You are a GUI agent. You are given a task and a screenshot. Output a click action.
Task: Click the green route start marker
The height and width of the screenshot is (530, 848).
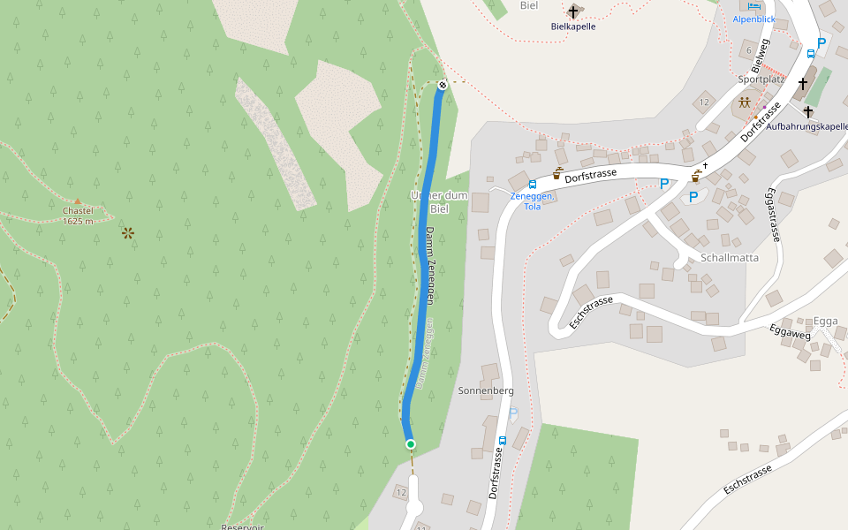coord(410,443)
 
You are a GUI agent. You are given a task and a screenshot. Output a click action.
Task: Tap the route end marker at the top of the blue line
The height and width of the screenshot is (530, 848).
coord(442,85)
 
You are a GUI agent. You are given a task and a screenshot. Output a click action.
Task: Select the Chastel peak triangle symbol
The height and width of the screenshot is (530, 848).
coord(78,201)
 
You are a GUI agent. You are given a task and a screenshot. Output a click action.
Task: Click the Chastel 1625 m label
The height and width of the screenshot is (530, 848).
coord(78,216)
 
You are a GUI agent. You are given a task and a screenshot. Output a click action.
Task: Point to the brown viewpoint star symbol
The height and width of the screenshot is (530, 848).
coord(128,233)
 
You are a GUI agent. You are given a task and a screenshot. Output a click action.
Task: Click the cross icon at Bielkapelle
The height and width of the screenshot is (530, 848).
coord(573,11)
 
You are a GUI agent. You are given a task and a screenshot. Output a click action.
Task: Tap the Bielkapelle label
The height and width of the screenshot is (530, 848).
coord(573,26)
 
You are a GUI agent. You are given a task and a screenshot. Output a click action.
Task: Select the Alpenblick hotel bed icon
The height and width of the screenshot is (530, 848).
coord(753,5)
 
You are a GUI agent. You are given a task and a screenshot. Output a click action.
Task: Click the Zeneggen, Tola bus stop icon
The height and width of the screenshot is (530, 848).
coord(533,184)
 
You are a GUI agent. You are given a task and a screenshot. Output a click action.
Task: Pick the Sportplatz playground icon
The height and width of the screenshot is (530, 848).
coord(746,102)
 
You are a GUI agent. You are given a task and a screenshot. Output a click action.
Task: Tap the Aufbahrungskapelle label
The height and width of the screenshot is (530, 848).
coord(806,126)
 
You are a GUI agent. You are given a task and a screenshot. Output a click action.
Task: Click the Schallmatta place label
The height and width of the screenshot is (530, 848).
coord(730,258)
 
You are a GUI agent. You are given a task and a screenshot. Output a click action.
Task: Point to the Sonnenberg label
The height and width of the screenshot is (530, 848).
coord(486,390)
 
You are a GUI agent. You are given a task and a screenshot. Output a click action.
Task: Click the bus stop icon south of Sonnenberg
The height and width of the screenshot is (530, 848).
coord(502,440)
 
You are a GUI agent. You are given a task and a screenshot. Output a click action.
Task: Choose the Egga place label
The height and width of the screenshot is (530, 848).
coord(825,321)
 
